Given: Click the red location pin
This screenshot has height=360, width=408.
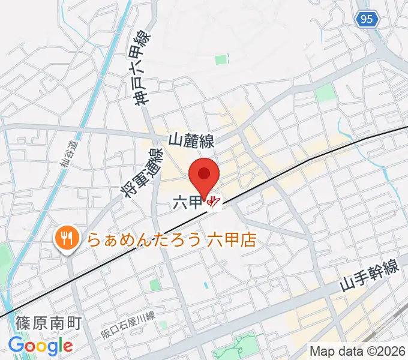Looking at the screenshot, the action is point(204,176).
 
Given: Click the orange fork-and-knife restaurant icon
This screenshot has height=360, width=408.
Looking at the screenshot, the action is point(65,239).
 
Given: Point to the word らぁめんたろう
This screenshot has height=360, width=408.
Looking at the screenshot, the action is point(145,240).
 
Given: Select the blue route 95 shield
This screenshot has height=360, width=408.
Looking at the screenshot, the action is point(367,20).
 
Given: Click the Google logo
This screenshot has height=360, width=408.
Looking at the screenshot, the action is point(40,346).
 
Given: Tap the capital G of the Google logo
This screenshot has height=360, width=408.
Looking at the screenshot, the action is point(16,345).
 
